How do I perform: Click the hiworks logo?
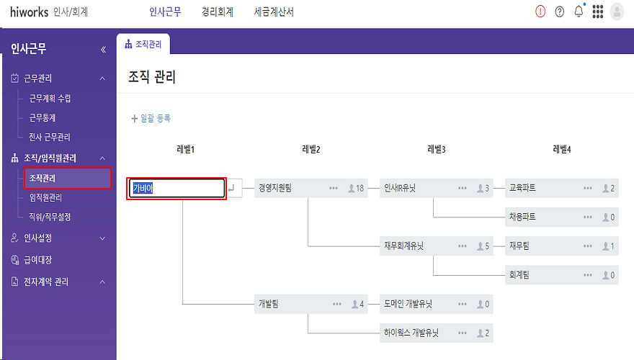click(x=28, y=12)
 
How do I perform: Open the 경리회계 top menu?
click(x=217, y=12)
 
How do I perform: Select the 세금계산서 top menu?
click(x=274, y=12)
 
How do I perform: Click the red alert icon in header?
click(x=540, y=12)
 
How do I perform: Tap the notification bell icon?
click(x=579, y=12)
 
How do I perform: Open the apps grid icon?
click(x=597, y=12)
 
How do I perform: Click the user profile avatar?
click(x=617, y=12)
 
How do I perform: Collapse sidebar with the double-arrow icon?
click(x=103, y=50)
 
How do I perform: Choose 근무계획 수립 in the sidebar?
click(x=50, y=99)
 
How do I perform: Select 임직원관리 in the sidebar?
click(x=45, y=197)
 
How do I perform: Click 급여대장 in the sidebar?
click(x=37, y=260)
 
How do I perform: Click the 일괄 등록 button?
click(x=151, y=118)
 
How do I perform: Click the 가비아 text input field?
click(x=177, y=189)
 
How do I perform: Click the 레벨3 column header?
click(x=437, y=150)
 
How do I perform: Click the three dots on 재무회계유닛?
click(x=462, y=246)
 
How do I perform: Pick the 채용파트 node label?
click(x=522, y=217)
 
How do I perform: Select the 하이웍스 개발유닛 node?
click(x=411, y=333)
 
